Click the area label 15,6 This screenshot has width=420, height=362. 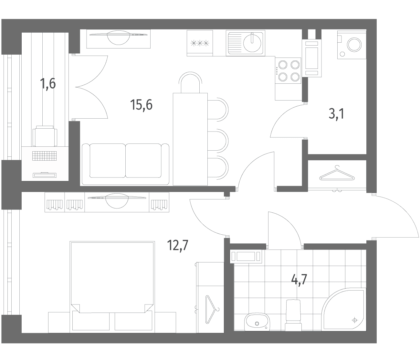[141, 105]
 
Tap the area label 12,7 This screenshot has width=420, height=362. [178, 245]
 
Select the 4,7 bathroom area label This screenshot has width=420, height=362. [299, 280]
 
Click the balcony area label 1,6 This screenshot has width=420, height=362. [48, 83]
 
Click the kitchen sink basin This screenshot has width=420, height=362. [252, 43]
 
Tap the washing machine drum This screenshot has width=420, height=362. [354, 45]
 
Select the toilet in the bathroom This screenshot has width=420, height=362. [293, 315]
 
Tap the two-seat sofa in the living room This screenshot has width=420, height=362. [126, 164]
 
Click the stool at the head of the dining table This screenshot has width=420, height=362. [190, 82]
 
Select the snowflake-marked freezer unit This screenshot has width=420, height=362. [200, 43]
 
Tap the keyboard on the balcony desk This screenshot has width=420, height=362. [44, 156]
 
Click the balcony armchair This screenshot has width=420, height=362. [45, 136]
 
